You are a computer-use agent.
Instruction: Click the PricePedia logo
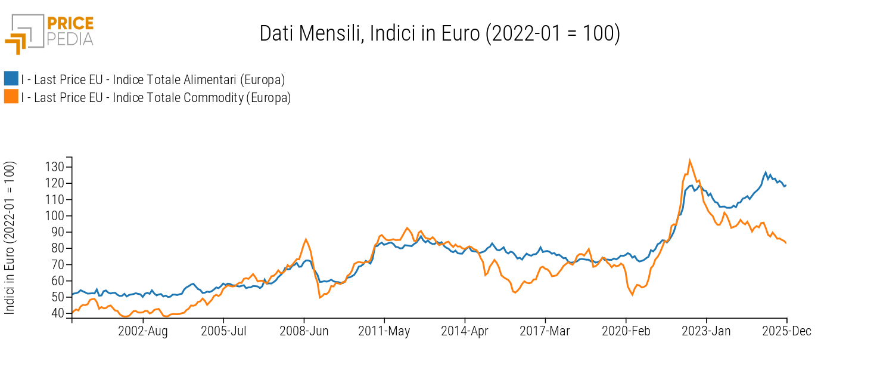[x=49, y=33]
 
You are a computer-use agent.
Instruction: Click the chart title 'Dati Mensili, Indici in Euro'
[x=440, y=33]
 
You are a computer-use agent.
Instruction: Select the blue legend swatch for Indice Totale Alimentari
[x=11, y=79]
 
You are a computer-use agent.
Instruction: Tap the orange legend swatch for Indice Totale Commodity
[x=11, y=97]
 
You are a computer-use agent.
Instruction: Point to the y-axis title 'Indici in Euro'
[x=10, y=238]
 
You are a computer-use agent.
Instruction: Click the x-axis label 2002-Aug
[x=143, y=331]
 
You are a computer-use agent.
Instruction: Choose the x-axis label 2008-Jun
[x=304, y=331]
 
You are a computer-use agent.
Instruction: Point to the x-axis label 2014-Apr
[x=464, y=331]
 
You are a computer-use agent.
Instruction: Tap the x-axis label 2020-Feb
[x=626, y=331]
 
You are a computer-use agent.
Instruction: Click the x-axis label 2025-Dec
[x=786, y=331]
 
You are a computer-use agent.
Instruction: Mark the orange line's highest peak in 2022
[x=689, y=160]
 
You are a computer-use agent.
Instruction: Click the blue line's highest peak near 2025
[x=766, y=172]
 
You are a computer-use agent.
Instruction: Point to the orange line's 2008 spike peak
[x=306, y=239]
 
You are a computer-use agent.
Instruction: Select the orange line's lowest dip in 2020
[x=632, y=295]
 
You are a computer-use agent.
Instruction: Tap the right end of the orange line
[x=786, y=243]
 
